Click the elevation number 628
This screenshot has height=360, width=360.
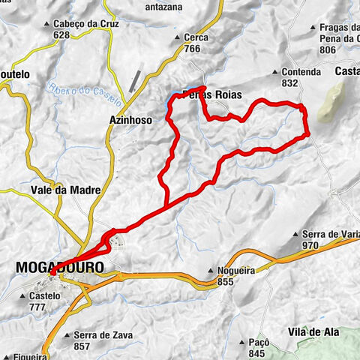tap(62, 34)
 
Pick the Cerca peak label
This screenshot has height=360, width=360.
tap(195, 37)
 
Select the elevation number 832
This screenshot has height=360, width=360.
tap(292, 83)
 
